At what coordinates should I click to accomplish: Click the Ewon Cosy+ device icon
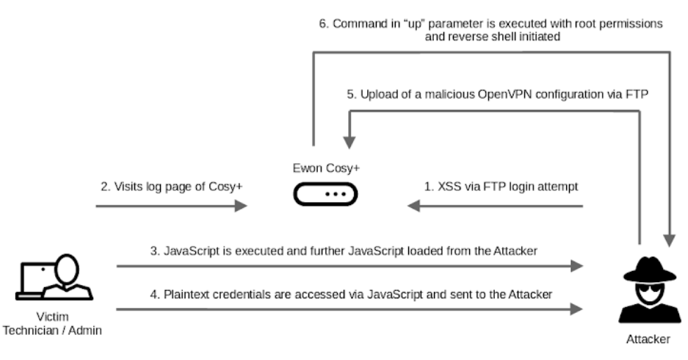pyautogui.click(x=325, y=194)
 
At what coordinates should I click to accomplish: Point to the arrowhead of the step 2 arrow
pyautogui.click(x=239, y=208)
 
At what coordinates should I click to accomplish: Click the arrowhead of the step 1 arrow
pyautogui.click(x=416, y=208)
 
